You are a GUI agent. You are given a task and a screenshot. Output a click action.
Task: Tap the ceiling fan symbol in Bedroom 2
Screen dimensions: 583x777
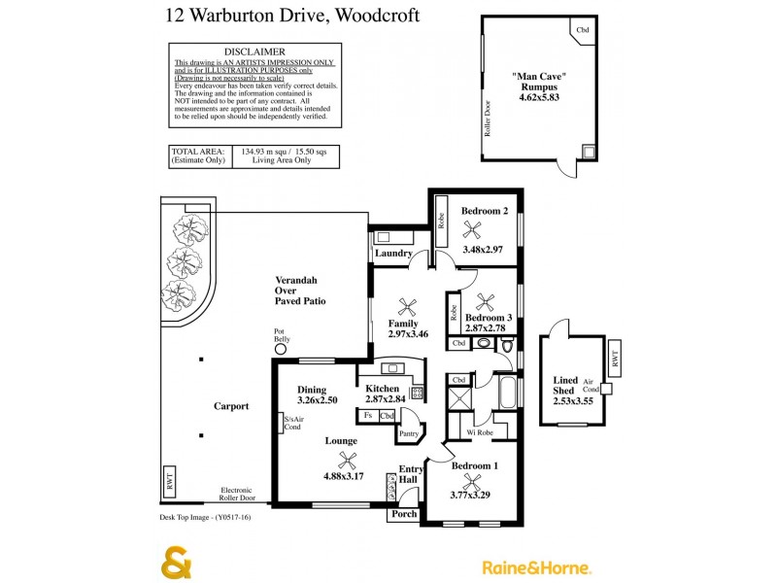coord(474,229)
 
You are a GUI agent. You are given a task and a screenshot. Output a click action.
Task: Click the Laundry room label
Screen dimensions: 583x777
coord(393,255)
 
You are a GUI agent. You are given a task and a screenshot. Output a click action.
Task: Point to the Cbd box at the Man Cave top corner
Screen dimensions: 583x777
coord(583,31)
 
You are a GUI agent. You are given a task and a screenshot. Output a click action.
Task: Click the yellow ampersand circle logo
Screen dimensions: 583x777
coord(176,565)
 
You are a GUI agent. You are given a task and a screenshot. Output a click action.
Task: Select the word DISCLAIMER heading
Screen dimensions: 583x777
coord(254,51)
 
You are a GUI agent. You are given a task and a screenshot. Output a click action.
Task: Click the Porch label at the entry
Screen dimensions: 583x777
coord(404,514)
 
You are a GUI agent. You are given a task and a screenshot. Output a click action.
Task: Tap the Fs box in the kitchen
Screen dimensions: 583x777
coord(368,416)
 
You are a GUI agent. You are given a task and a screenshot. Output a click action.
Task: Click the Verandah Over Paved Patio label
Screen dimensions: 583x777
coord(299,291)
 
